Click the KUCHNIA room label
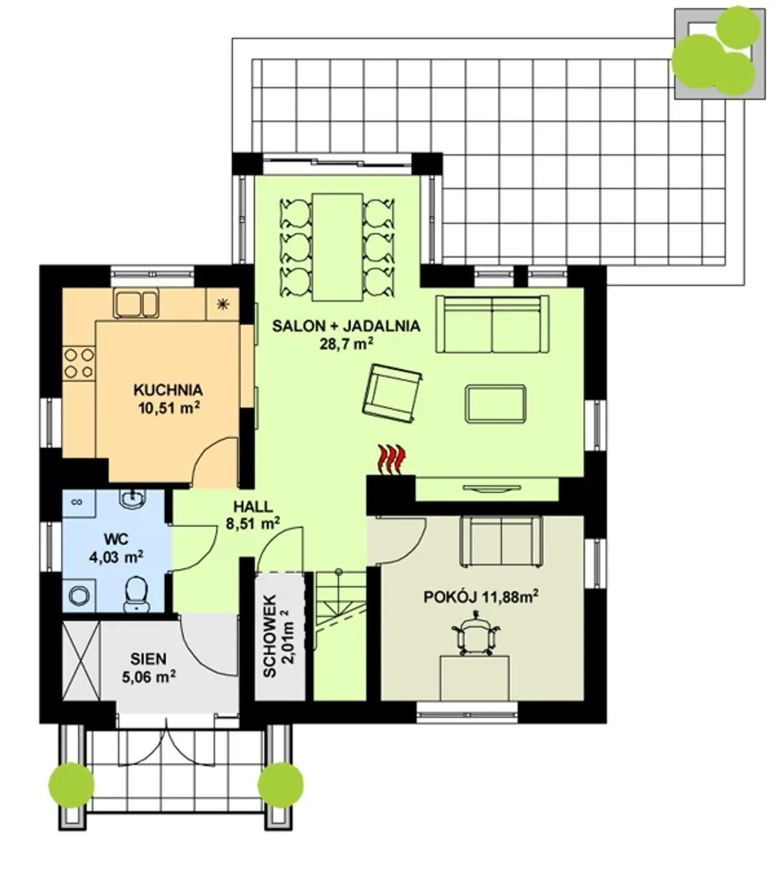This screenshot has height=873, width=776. coord(168,390)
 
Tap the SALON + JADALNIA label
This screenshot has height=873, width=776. coord(346,326)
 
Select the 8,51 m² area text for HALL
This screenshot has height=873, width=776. coord(253,524)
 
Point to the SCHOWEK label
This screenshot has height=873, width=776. coord(269,636)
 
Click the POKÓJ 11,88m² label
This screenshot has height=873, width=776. coord(481,597)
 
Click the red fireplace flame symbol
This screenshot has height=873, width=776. coord(392,460)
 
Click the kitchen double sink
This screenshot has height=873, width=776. coord(136,304)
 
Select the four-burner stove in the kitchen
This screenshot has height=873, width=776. coord(79,363)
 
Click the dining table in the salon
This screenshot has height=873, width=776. coord(338,247)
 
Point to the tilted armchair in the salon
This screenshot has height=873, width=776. coord(392,393)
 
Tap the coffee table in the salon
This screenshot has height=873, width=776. coord(495,404)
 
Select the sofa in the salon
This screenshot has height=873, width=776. coord(492,324)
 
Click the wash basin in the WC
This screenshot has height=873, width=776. coord(133,500)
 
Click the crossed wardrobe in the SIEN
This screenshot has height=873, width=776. coord(81,661)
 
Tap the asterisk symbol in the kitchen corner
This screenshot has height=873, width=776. coord(222,305)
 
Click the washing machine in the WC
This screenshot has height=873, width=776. coord(79,595)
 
